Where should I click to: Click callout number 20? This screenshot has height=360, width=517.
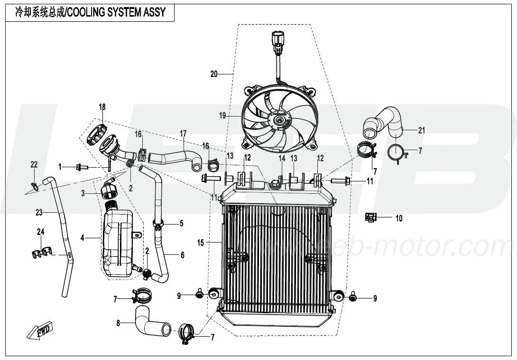click(214, 74)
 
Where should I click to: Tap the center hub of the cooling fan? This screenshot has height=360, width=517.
click(279, 120)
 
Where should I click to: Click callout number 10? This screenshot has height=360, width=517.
click(399, 218)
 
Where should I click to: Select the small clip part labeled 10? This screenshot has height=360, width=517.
click(370, 217)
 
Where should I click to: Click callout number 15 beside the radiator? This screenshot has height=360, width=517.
click(200, 243)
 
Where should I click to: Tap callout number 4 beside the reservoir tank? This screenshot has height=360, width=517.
click(82, 237)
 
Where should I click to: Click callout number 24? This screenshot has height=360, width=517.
click(40, 232)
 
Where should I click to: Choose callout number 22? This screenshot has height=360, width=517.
click(34, 164)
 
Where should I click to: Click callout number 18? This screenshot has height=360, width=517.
click(102, 107)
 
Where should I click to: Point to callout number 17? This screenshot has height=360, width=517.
click(183, 134)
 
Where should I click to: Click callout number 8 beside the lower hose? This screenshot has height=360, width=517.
click(119, 324)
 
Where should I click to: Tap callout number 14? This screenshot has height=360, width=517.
click(282, 158)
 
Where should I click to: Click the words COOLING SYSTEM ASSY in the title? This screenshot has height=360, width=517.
click(116, 12)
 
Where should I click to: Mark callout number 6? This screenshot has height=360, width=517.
click(182, 255)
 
